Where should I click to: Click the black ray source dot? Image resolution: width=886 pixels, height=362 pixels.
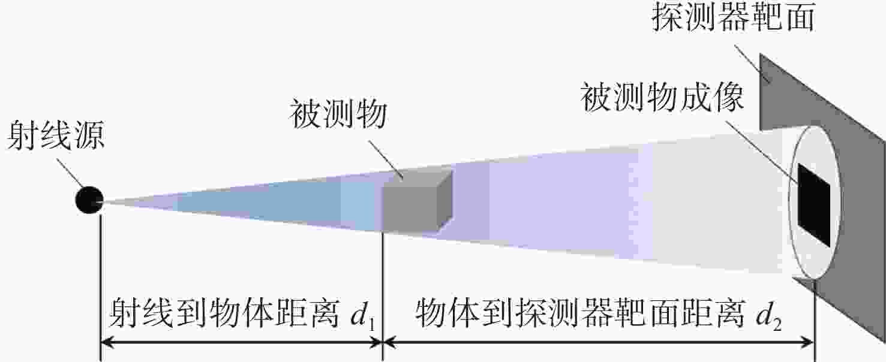pos(89,200)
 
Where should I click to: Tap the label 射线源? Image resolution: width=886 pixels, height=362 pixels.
pos(56,135)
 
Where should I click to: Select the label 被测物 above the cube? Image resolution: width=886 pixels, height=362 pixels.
pos(338,114)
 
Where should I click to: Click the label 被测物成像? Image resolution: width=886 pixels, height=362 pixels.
pos(662,97)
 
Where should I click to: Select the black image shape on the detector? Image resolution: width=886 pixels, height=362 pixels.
pos(813,206)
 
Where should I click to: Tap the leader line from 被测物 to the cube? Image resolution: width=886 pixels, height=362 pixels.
pos(386,161)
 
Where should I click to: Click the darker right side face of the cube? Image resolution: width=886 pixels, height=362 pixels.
pos(445,201)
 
